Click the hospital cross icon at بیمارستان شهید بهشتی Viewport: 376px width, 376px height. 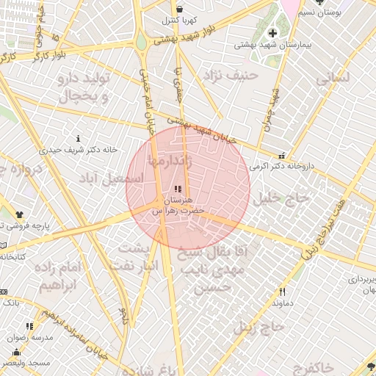(x=272, y=33)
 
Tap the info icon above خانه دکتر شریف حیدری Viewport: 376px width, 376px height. (x=79, y=138)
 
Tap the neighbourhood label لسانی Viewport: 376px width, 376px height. (x=335, y=76)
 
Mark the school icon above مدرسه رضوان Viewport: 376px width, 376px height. (x=30, y=326)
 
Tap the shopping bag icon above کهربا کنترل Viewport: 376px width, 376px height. (x=179, y=9)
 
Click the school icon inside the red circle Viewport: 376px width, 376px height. (x=178, y=189)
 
